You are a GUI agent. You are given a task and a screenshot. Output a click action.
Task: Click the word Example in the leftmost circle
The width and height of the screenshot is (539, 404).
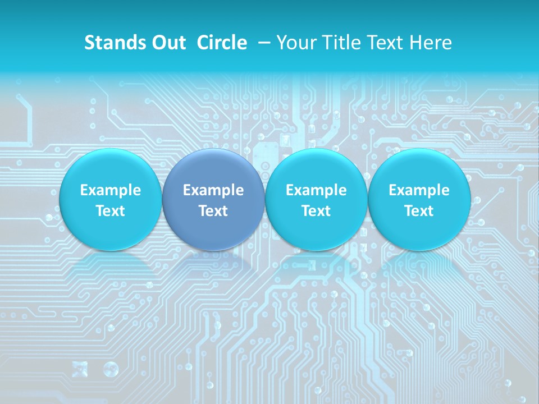[111, 190]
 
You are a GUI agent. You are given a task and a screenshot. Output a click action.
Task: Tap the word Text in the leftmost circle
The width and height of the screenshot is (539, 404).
[111, 211]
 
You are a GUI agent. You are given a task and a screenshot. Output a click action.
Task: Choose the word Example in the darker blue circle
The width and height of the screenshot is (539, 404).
[213, 190]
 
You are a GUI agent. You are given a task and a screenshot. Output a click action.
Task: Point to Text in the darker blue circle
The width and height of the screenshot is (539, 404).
[213, 211]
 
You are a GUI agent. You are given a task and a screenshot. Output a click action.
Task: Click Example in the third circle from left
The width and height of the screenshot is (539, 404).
[316, 190]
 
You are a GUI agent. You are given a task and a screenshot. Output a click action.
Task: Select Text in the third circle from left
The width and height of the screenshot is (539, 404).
[316, 211]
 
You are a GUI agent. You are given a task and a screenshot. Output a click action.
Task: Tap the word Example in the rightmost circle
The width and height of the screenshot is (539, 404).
[419, 190]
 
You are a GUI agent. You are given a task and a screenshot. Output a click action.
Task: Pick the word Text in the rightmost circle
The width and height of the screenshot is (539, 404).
[419, 211]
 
